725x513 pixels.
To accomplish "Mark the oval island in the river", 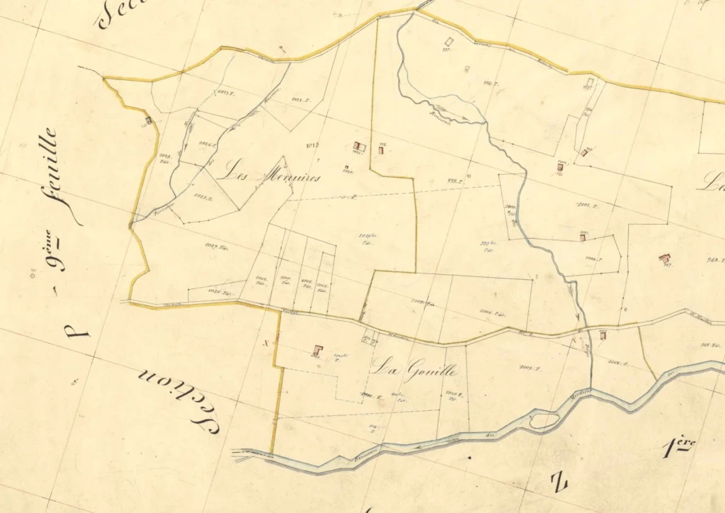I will tap(543, 421).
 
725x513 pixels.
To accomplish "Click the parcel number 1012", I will tap(311, 147).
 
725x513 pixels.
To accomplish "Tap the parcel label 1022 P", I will tap(302, 100).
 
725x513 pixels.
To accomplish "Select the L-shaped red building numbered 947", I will tap(664, 259).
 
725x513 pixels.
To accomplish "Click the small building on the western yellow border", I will tap(148, 120).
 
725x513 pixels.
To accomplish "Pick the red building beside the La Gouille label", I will tap(318, 349).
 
